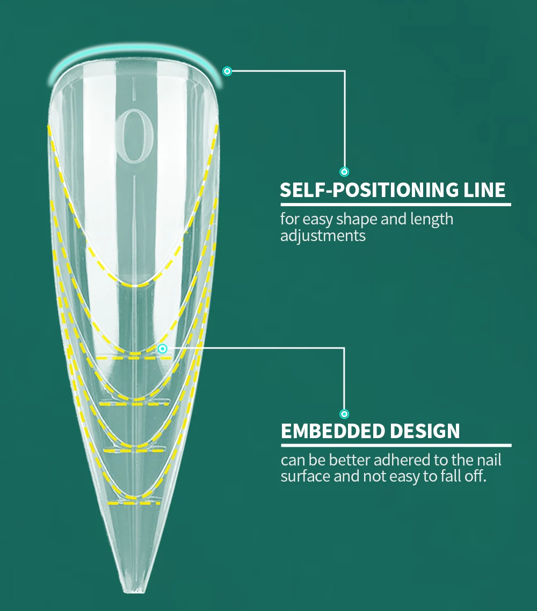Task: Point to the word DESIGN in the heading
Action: tap(425, 431)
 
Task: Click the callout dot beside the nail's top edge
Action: tap(227, 71)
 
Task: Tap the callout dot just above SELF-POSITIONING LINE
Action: tap(344, 172)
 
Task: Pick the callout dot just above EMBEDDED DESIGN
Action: tap(344, 414)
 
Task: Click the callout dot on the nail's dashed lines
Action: tap(163, 348)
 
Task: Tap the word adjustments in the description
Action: tap(323, 236)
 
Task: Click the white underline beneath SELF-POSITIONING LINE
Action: tap(395, 204)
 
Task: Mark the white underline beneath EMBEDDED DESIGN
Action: tap(396, 445)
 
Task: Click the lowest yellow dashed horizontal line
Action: tap(134, 503)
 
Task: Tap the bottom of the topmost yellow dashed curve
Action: tap(134, 284)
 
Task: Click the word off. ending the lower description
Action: tap(475, 476)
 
